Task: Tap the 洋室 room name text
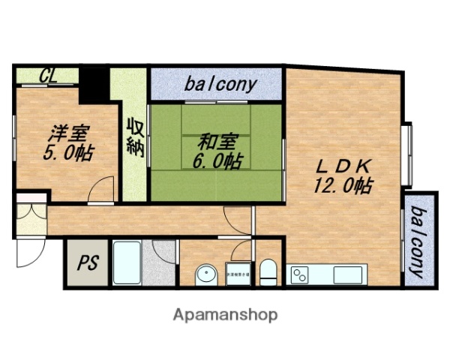coord(69,135)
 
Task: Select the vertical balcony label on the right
coord(418,239)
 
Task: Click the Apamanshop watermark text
coord(225,315)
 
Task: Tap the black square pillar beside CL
coord(94,84)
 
